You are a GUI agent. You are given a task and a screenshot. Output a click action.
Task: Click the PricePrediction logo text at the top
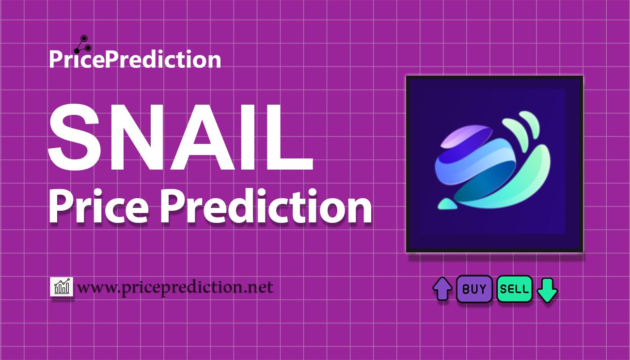point(135,60)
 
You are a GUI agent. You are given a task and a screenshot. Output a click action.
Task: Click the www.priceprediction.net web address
point(175,287)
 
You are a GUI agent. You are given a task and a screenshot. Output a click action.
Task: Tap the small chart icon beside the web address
point(62,287)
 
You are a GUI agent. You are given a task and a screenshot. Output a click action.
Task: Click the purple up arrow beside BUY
point(442,289)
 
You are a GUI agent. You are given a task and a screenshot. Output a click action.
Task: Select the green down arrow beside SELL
point(547,290)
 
